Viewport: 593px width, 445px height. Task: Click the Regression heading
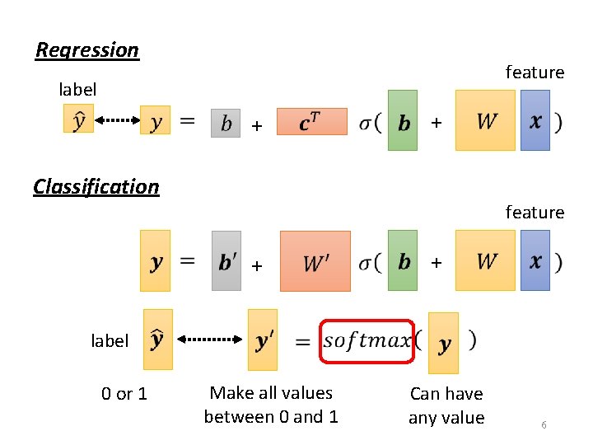point(87,50)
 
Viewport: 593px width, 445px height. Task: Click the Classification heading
point(96,186)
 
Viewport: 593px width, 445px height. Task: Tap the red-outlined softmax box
point(366,340)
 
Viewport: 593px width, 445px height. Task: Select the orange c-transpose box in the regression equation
point(312,121)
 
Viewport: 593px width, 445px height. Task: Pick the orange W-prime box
point(315,260)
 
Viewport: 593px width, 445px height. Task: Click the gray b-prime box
point(226,260)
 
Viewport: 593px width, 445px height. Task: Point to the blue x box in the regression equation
point(535,120)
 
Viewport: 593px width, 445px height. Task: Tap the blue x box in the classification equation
point(535,260)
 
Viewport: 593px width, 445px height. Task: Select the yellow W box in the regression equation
point(485,120)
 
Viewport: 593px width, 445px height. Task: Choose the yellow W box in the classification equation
point(485,260)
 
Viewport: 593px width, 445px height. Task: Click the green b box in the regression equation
point(403,120)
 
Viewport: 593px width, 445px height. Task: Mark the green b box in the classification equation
point(403,260)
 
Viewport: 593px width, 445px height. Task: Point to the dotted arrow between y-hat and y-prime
point(208,339)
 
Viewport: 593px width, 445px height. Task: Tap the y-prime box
point(263,340)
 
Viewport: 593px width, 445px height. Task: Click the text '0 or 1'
point(124,394)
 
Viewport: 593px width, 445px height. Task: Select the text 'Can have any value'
point(446,405)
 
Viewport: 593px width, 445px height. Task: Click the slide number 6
point(544,424)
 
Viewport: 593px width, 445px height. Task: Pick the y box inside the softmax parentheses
point(444,343)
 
